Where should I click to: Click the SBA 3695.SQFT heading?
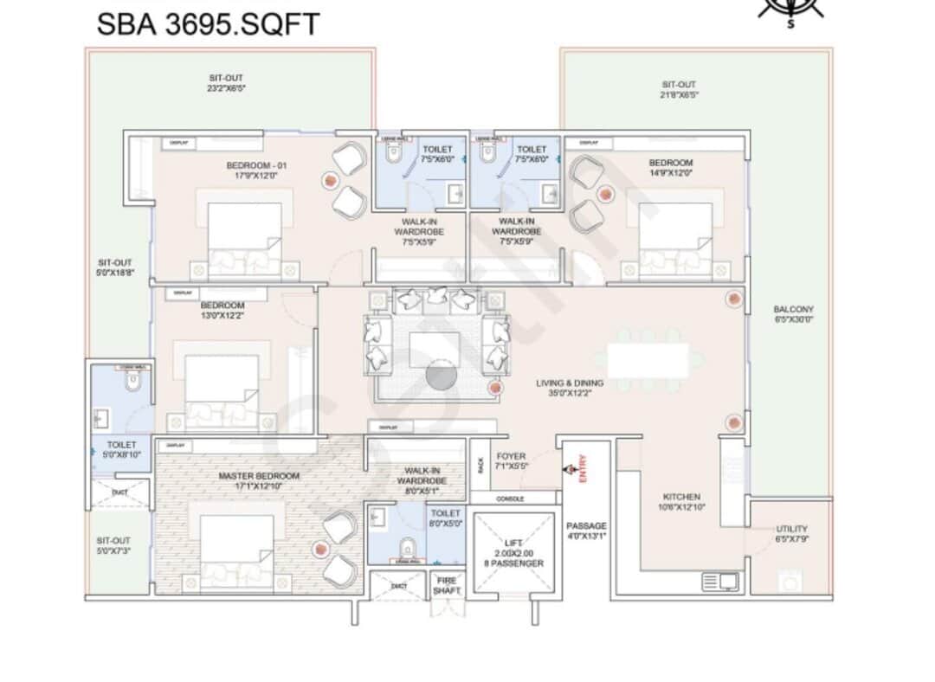pyautogui.click(x=208, y=23)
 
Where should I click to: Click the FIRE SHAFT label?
pyautogui.click(x=448, y=585)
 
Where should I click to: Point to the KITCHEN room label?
pyautogui.click(x=681, y=502)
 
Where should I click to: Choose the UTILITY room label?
pyautogui.click(x=791, y=534)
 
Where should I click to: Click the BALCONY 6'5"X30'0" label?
pyautogui.click(x=793, y=314)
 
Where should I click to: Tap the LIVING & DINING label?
pyautogui.click(x=570, y=388)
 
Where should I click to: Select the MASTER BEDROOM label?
pyautogui.click(x=259, y=480)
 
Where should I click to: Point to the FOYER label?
pyautogui.click(x=511, y=461)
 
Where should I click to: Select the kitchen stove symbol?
pyautogui.click(x=720, y=581)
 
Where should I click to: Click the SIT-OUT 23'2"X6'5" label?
pyautogui.click(x=226, y=83)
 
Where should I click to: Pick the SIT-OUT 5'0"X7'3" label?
pyautogui.click(x=114, y=545)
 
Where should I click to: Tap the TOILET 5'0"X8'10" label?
pyautogui.click(x=122, y=450)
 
